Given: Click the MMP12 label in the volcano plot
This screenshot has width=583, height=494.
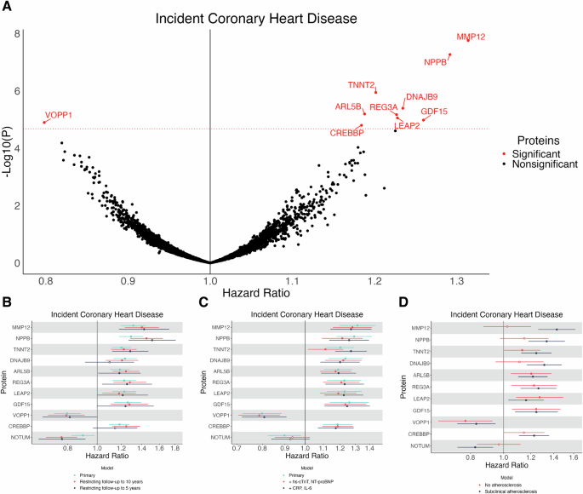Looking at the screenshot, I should click(x=471, y=37).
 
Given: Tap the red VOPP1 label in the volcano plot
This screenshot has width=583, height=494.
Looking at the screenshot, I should click(x=59, y=115).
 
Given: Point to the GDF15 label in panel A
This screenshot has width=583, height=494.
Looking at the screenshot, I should click(x=434, y=112).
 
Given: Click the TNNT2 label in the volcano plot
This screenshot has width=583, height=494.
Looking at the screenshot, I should click(x=361, y=84).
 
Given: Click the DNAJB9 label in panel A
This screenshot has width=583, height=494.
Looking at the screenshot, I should click(x=421, y=97).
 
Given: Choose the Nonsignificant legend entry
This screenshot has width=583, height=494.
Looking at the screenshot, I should click(x=545, y=164).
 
